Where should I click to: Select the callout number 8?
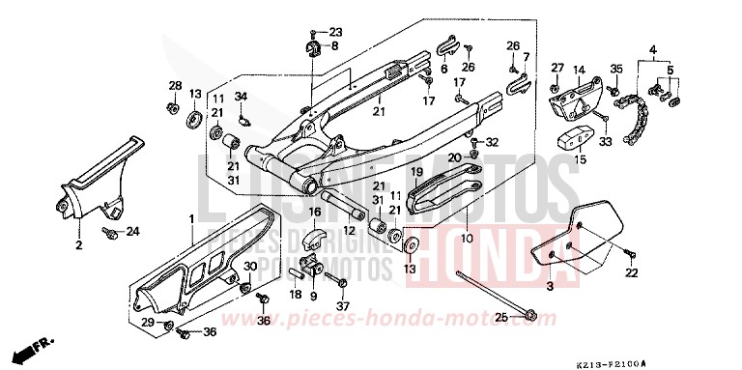[x=334, y=45]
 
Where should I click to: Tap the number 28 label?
[x=175, y=86]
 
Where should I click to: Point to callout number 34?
[x=242, y=96]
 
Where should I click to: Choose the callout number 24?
[x=133, y=231]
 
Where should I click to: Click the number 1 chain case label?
[x=191, y=220]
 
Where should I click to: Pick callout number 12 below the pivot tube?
[x=350, y=231]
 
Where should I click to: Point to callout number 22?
[x=632, y=272]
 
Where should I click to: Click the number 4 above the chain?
[x=653, y=49]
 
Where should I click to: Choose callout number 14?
[x=580, y=70]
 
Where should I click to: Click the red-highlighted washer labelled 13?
[x=409, y=244]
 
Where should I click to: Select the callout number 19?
[x=419, y=172]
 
